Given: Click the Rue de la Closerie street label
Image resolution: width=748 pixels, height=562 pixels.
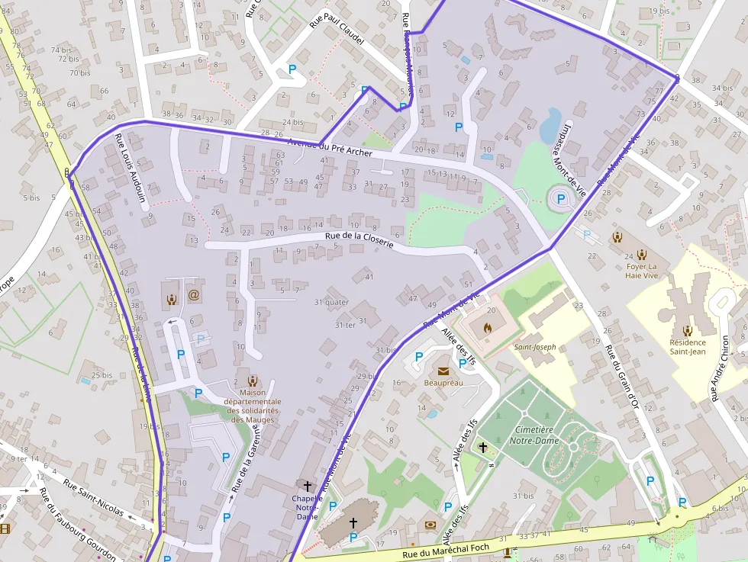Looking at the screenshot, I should pyautogui.click(x=359, y=240).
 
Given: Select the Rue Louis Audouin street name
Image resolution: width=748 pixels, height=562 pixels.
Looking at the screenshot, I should pyautogui.click(x=131, y=168).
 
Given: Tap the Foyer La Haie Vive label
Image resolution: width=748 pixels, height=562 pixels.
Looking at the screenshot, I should pyautogui.click(x=640, y=271).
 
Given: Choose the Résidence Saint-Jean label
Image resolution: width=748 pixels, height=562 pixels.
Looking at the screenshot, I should pyautogui.click(x=688, y=347).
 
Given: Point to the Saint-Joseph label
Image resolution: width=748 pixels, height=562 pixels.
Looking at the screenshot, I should pyautogui.click(x=534, y=348).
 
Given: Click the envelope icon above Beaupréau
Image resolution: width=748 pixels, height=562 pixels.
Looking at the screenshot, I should pyautogui.click(x=443, y=371).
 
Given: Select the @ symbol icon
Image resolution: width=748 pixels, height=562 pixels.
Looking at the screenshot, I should pyautogui.click(x=193, y=294).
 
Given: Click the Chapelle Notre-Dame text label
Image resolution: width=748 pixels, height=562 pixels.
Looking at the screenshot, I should pyautogui.click(x=307, y=507).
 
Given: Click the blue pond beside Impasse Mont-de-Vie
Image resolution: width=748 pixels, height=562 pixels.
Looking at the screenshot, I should pyautogui.click(x=551, y=125).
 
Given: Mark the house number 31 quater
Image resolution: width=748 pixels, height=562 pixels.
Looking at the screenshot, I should pyautogui.click(x=331, y=302).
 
